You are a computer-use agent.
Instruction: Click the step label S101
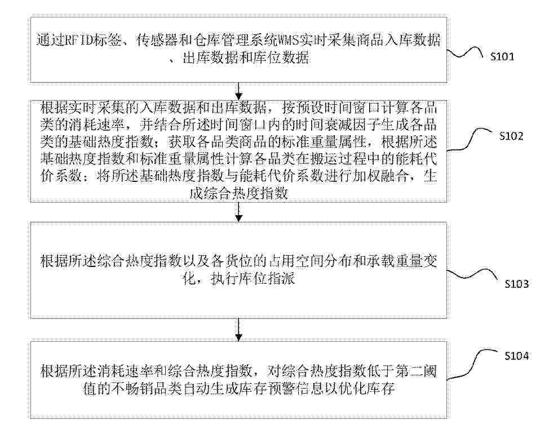coord(502,56)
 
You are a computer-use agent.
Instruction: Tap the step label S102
coord(511,136)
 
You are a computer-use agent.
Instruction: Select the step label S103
coord(516,284)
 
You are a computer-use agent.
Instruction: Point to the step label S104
coord(516,356)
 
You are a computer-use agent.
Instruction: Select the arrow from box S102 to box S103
coord(239,212)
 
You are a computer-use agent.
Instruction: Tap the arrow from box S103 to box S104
coord(239,330)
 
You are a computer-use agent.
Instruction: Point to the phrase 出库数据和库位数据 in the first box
coord(245,58)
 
